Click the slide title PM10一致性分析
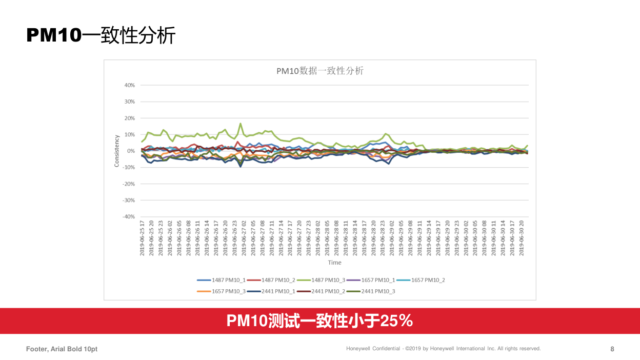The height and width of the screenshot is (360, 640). (101, 35)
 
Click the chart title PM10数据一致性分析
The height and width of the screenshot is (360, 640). (320, 71)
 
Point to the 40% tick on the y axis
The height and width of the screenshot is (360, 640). (129, 85)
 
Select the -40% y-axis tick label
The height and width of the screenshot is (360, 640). (128, 216)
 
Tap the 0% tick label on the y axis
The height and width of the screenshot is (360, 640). (131, 151)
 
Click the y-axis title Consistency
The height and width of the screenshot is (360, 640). (117, 151)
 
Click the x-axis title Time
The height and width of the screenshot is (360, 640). (334, 263)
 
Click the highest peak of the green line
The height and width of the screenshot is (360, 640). (241, 124)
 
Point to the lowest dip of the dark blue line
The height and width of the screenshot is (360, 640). (241, 166)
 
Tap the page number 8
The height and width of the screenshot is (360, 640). (612, 349)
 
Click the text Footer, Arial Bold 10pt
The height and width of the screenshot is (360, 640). (62, 349)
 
